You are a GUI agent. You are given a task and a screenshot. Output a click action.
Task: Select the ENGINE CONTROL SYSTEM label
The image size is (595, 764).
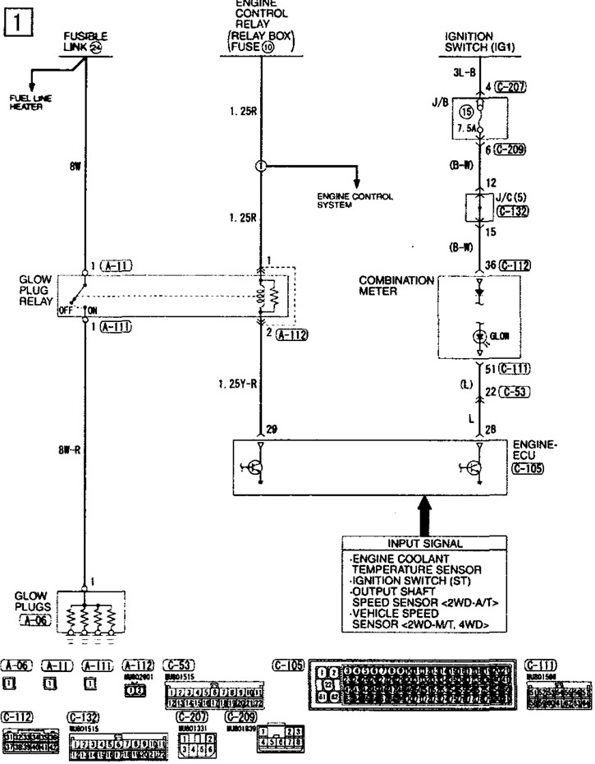click(355, 200)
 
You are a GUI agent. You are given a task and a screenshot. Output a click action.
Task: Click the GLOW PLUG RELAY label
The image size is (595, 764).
click(36, 291)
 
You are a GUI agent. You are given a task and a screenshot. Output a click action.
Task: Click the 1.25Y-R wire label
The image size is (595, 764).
click(236, 383)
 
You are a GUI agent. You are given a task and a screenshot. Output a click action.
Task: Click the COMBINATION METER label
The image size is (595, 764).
click(396, 285)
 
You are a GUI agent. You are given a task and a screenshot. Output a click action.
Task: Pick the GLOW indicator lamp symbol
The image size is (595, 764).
click(479, 335)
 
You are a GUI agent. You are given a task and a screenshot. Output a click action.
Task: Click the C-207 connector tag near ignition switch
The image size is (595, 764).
click(506, 85)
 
